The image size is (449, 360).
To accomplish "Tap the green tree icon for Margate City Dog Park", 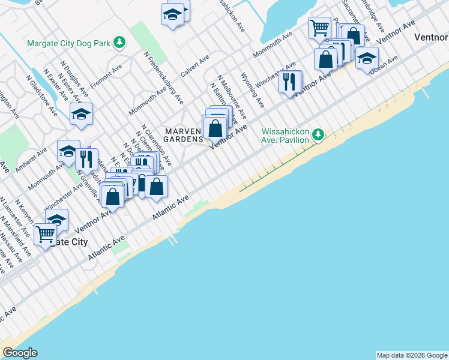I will point(121,42).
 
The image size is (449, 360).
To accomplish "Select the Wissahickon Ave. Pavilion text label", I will point(285,136).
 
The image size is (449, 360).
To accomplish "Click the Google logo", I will point(20,353).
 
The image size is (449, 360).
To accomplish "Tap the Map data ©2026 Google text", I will point(412,355).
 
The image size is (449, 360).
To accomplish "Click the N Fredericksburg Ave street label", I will point(163,77).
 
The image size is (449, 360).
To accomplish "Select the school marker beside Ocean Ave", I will point(367,58).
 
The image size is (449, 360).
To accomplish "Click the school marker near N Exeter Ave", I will point(80,114).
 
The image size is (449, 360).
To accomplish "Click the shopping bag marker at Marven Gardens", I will point(215,127).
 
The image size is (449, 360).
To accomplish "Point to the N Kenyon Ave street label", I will point(22,215).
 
